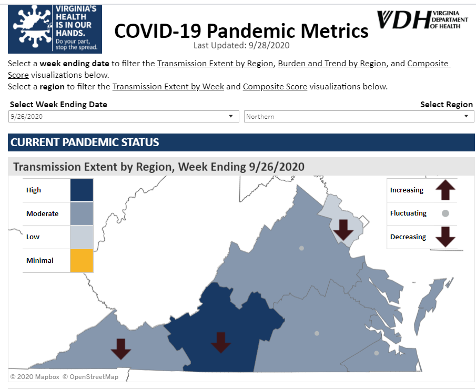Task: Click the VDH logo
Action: click(x=422, y=19)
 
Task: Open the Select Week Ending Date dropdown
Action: click(x=124, y=117)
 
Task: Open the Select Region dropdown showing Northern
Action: click(x=359, y=117)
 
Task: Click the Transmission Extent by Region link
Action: click(x=215, y=64)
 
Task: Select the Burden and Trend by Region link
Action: click(x=332, y=64)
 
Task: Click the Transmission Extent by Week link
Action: click(x=168, y=87)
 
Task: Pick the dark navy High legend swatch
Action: click(x=82, y=190)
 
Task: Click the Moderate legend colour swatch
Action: click(x=82, y=214)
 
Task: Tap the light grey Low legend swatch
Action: click(x=82, y=237)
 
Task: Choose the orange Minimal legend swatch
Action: click(x=82, y=260)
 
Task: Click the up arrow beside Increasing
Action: click(x=445, y=190)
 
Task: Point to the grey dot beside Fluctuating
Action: click(x=445, y=213)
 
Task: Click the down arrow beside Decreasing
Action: click(x=445, y=237)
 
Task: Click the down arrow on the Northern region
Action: click(x=344, y=229)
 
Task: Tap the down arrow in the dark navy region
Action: click(x=221, y=342)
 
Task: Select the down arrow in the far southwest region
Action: click(x=121, y=349)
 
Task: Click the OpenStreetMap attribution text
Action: click(x=90, y=377)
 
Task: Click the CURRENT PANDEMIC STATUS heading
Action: click(x=85, y=142)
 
